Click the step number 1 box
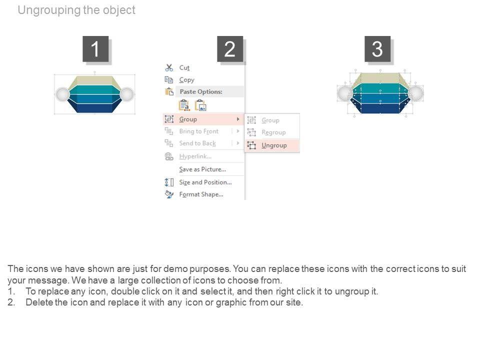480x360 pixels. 95,49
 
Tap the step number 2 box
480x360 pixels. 230,49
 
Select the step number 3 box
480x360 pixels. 377,49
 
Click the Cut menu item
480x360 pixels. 184,68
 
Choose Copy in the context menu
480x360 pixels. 186,80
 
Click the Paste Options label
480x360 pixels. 200,92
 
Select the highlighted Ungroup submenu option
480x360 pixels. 273,145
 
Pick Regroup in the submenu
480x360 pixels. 273,132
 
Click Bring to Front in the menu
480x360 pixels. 198,131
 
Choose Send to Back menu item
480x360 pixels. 197,143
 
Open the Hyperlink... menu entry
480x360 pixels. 195,156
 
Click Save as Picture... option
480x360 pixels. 202,169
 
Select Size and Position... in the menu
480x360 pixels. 205,182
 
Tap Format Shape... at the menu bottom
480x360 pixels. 201,194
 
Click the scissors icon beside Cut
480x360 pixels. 169,68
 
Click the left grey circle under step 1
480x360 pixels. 62,94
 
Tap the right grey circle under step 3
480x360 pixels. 415,93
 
